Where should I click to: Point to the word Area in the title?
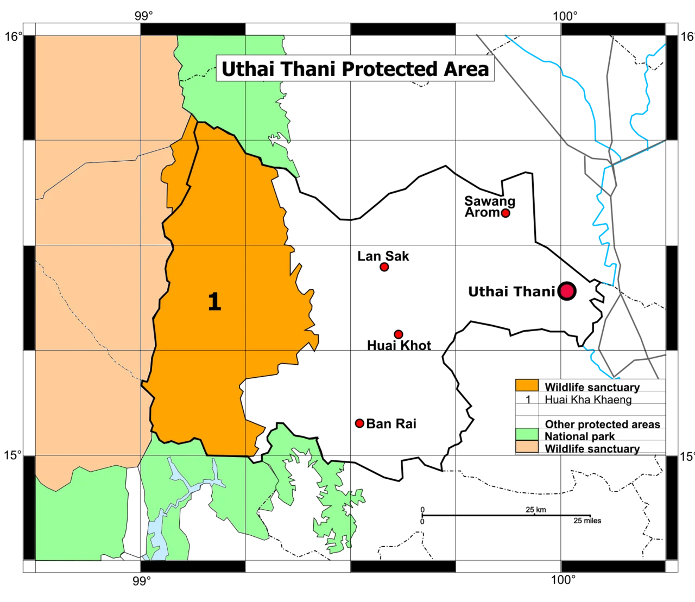(x=468, y=69)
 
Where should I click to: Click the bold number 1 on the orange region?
(x=214, y=301)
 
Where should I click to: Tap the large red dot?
(x=567, y=291)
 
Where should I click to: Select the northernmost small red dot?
(x=506, y=213)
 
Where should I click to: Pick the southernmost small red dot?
(x=359, y=423)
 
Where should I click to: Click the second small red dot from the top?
(x=384, y=267)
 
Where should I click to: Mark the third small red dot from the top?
(x=399, y=334)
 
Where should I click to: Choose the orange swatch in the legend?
(x=527, y=386)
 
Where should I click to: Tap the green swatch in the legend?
(x=527, y=435)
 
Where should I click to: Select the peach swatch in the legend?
(x=527, y=447)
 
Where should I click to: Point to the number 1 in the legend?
(x=528, y=400)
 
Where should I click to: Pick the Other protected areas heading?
(x=602, y=424)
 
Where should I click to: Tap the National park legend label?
(x=579, y=436)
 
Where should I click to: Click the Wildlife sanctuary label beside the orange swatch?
(x=592, y=387)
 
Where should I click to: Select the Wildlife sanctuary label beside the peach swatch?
(x=592, y=448)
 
